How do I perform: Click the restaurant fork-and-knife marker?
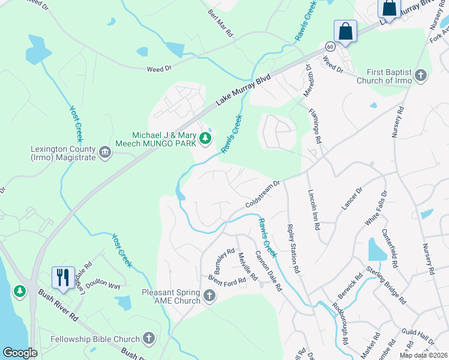[63, 277]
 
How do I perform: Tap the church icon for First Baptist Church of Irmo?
[421, 75]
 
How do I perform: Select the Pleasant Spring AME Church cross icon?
[209, 296]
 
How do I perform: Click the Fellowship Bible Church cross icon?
[148, 338]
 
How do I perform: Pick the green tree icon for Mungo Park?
[205, 139]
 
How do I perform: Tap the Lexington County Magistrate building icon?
[105, 152]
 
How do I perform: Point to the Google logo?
[19, 353]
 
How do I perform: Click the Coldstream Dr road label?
[263, 195]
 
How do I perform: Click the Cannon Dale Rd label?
[269, 271]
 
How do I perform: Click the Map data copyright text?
[423, 355]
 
